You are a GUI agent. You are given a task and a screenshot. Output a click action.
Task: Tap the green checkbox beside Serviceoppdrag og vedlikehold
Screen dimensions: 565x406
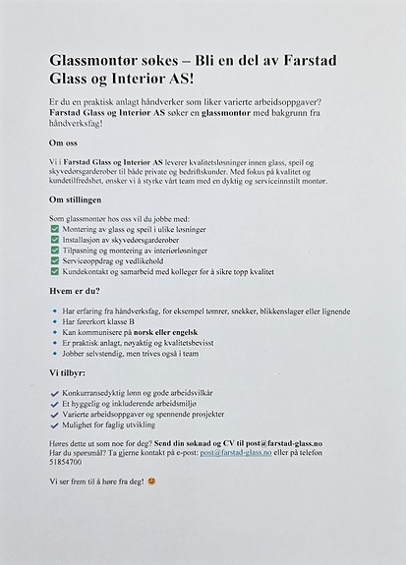point(54,261)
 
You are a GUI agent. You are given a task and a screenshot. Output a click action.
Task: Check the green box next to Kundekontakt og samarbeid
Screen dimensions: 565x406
point(54,271)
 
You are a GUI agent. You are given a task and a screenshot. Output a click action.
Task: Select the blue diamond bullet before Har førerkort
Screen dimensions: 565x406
point(54,321)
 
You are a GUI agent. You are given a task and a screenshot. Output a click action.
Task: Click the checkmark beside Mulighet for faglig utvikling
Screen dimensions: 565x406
point(54,424)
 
